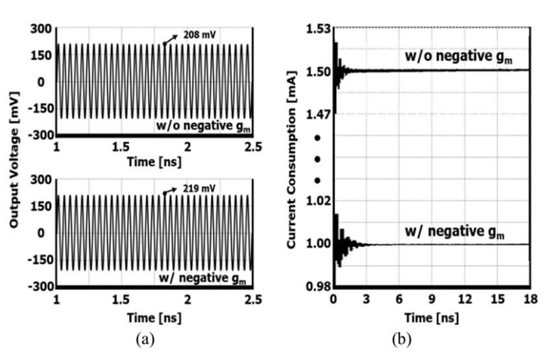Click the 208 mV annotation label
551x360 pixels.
[199, 35]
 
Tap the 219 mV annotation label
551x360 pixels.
[199, 189]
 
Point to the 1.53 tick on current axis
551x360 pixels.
[319, 29]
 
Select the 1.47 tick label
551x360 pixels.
[319, 115]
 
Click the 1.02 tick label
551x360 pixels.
[319, 201]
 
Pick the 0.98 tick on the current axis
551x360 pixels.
[319, 287]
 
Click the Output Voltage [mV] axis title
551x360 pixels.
[14, 160]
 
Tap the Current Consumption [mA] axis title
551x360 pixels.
[291, 160]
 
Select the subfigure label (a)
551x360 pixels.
[145, 340]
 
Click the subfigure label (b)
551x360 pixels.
[402, 340]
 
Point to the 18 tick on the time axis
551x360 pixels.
[530, 299]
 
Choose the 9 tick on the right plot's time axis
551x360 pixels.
[432, 299]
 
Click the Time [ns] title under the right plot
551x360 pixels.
[432, 318]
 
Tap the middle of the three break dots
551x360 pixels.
[317, 160]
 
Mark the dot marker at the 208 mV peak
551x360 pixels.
[164, 44]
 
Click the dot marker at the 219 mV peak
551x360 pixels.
[164, 193]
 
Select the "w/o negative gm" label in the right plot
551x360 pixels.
[458, 56]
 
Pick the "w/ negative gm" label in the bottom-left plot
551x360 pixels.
[202, 278]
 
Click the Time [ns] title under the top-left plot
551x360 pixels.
[154, 162]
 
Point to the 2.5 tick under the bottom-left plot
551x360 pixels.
[253, 300]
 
